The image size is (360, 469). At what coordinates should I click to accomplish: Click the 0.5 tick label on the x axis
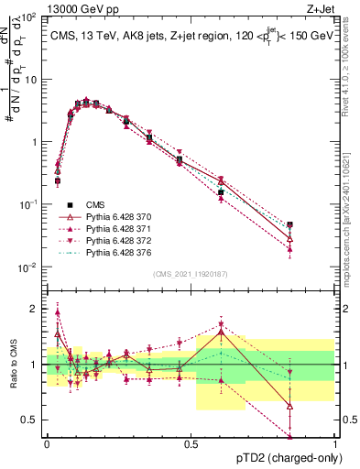tap(191, 442)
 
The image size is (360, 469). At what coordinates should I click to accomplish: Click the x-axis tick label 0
tap(47, 442)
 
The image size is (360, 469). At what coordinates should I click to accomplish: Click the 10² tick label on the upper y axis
tap(29, 16)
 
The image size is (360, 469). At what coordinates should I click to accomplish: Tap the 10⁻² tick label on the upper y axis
tap(29, 267)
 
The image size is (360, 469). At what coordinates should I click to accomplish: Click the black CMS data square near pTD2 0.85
tap(289, 224)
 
